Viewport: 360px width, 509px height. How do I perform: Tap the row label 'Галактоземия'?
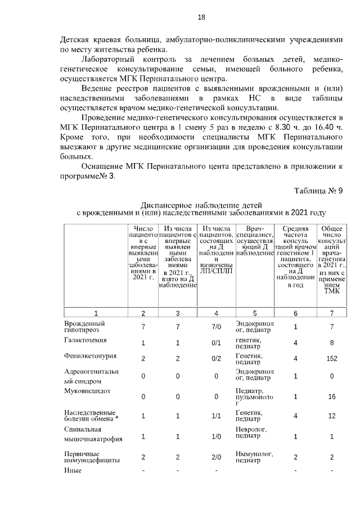(x=84, y=340)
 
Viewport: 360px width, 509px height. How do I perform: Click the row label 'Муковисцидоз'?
(x=87, y=389)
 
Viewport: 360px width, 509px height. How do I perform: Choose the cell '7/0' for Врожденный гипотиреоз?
(x=216, y=327)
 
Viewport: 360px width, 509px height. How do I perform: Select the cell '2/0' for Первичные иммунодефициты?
(x=216, y=457)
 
